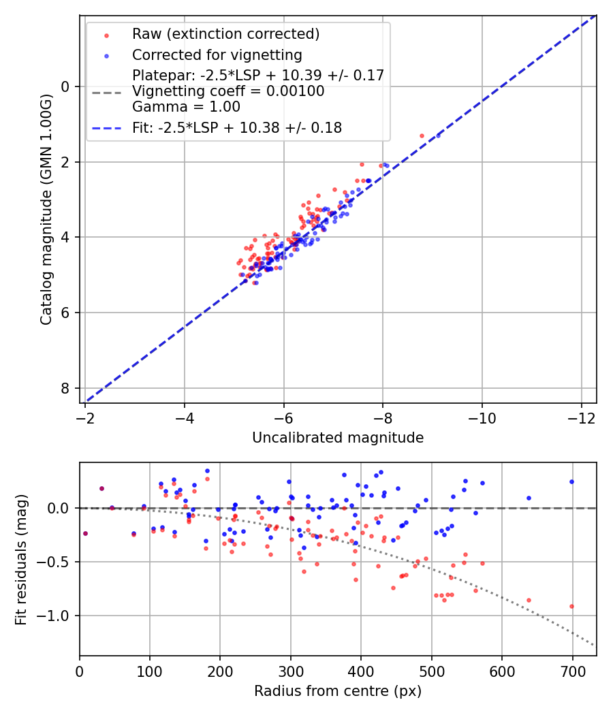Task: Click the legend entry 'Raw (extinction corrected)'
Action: (225, 34)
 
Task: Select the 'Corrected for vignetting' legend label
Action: (217, 54)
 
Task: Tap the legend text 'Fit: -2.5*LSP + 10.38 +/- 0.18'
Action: (237, 127)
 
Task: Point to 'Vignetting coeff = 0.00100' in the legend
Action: (228, 91)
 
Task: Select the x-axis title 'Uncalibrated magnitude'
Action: (338, 438)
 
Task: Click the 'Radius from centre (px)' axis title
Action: (338, 691)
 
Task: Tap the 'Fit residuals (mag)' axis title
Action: (21, 559)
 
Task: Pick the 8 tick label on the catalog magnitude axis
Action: (65, 388)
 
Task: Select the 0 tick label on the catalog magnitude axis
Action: (65, 86)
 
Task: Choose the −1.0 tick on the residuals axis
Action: (57, 616)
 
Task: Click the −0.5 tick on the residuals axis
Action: (57, 562)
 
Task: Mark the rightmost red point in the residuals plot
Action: (571, 606)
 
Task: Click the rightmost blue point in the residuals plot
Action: (571, 481)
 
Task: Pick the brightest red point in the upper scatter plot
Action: (422, 136)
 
